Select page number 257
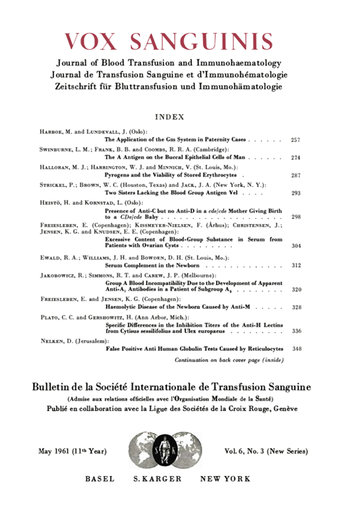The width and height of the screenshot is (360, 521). [x=295, y=140]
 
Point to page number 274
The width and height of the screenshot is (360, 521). [x=295, y=158]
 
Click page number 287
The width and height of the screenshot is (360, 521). [x=295, y=176]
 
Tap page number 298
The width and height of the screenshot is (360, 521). [x=295, y=217]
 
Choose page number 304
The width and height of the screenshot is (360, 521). [x=295, y=246]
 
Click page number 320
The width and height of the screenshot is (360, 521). [x=295, y=289]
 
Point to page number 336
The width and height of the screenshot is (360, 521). [x=295, y=331]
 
